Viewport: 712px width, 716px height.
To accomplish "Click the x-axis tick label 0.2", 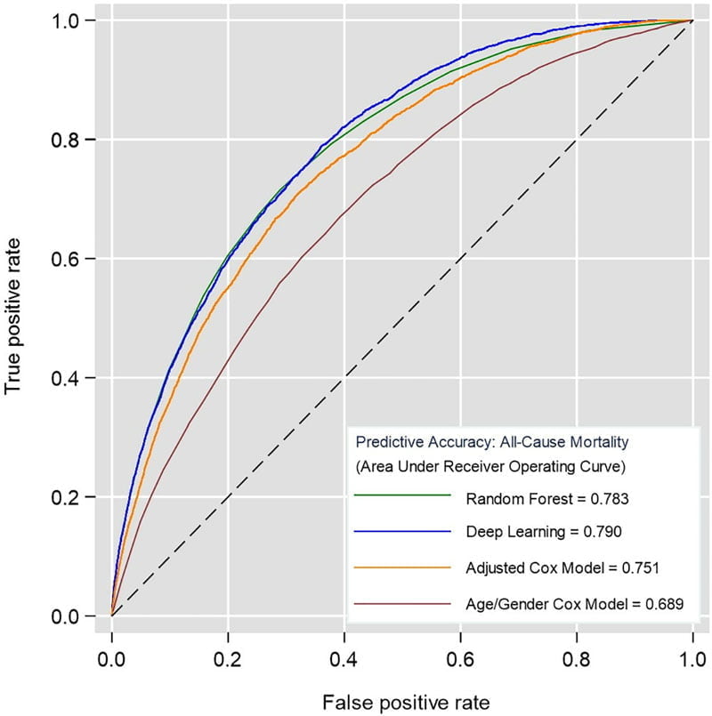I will [227, 660].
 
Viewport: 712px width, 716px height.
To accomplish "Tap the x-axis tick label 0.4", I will [344, 660].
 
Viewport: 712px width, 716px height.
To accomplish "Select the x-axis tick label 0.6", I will [460, 660].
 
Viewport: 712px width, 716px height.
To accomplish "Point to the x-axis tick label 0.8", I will [576, 660].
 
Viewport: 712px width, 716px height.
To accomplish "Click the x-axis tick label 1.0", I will [692, 660].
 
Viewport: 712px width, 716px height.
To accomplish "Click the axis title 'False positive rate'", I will [401, 700].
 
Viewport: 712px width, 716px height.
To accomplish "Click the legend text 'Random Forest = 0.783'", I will [535, 499].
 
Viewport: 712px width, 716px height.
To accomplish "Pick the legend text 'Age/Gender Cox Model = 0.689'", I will [574, 605].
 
